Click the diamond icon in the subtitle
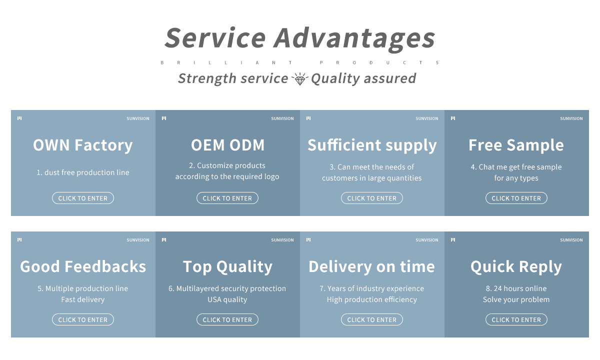[x=299, y=79]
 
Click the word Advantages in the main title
[x=354, y=39]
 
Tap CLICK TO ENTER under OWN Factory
[x=83, y=198]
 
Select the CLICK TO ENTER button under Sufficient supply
[x=372, y=198]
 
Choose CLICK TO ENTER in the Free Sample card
[x=516, y=198]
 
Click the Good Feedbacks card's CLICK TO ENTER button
[x=83, y=319]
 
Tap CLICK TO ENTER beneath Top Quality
[x=227, y=319]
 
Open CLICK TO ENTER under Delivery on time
[x=372, y=319]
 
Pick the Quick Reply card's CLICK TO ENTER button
[x=516, y=319]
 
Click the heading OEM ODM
[x=227, y=145]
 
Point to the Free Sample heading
[x=516, y=145]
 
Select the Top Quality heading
[x=227, y=267]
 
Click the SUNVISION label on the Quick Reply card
[x=571, y=240]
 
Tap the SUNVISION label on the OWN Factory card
[x=138, y=118]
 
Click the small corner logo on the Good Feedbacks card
[x=19, y=239]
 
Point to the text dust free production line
[x=87, y=172]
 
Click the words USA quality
[x=227, y=299]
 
